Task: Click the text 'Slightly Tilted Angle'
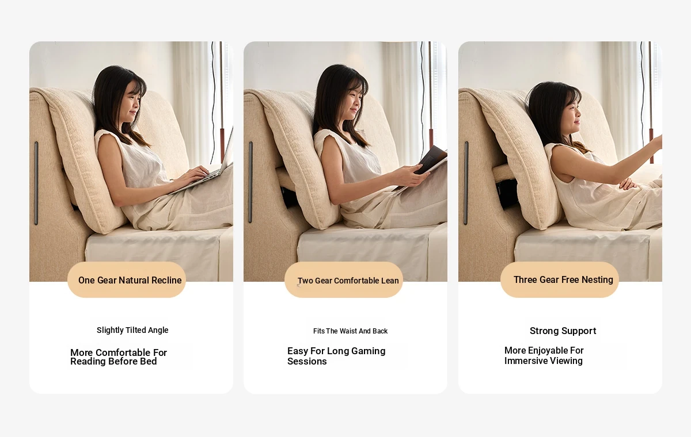tap(132, 330)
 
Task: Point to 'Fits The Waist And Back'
tap(351, 331)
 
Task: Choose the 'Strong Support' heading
tap(563, 331)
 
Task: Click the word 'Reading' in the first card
tap(88, 362)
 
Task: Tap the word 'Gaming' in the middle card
tap(369, 351)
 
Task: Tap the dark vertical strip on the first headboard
tap(36, 183)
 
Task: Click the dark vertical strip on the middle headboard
tap(250, 182)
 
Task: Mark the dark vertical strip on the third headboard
tap(466, 183)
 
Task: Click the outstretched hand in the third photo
tap(657, 142)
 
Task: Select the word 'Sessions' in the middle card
tap(307, 361)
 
